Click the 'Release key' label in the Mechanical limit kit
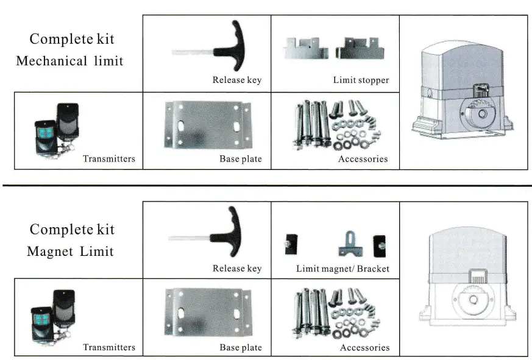(236, 80)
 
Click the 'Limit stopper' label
(361, 80)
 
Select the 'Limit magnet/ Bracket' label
(342, 269)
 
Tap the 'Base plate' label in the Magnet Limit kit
(241, 347)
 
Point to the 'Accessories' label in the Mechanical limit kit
(363, 159)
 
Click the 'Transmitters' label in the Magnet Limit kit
(109, 347)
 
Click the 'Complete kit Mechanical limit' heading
(72, 50)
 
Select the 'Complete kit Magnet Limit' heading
(72, 240)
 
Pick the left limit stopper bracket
(305, 48)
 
